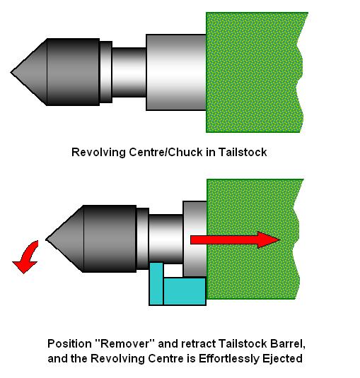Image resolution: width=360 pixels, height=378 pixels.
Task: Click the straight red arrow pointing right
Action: click(236, 240)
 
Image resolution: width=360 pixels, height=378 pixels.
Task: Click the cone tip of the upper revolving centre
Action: click(11, 72)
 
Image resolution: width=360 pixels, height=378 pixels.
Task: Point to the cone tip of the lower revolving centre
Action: click(46, 240)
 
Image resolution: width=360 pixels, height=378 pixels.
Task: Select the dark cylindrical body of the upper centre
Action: click(73, 72)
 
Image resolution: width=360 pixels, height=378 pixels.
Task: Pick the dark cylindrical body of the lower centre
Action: click(110, 239)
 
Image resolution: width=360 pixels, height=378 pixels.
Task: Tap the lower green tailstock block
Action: click(253, 239)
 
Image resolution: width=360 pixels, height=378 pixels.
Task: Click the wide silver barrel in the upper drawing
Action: click(176, 72)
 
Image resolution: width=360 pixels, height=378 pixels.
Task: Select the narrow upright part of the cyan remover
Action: click(156, 284)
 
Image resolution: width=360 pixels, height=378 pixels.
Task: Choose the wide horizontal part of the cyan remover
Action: click(185, 291)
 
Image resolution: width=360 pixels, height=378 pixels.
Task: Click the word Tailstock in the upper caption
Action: click(243, 153)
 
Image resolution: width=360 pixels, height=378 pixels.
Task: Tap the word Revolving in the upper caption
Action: click(98, 153)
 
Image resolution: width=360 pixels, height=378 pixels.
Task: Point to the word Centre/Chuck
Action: click(166, 153)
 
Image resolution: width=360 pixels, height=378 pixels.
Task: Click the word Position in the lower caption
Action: click(70, 344)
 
